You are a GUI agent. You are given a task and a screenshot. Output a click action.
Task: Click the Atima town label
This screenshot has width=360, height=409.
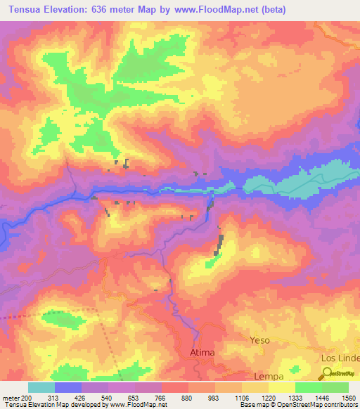click(202, 351)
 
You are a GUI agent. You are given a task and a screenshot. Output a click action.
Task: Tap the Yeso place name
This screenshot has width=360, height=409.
click(259, 340)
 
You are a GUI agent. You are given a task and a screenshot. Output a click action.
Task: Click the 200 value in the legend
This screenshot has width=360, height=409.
click(27, 397)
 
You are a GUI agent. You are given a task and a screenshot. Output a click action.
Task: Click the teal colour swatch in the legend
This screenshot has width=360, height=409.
click(41, 387)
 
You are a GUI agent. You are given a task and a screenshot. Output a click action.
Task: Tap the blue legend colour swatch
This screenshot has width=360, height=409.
click(67, 387)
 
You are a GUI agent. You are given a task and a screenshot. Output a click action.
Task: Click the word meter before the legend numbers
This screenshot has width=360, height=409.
click(10, 397)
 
